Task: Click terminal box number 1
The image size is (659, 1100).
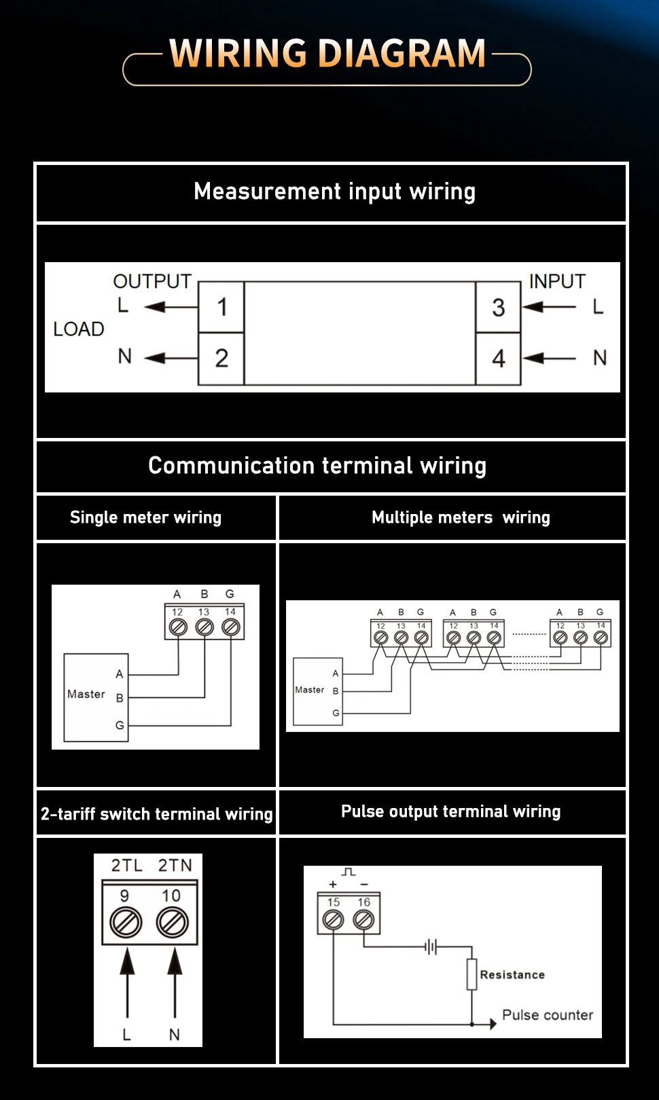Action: pyautogui.click(x=221, y=307)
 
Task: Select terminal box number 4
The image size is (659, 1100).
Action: pyautogui.click(x=498, y=359)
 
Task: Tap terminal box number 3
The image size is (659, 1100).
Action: pyautogui.click(x=498, y=307)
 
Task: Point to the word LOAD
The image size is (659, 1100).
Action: pyautogui.click(x=79, y=329)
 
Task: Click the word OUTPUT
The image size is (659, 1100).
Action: pyautogui.click(x=152, y=281)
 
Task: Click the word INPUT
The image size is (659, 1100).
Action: pyautogui.click(x=557, y=281)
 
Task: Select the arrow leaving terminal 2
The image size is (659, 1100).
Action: pyautogui.click(x=171, y=358)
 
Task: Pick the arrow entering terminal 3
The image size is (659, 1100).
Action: pyautogui.click(x=549, y=307)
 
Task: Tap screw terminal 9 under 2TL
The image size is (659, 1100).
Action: pyautogui.click(x=126, y=922)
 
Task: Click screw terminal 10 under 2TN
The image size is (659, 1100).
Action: pyautogui.click(x=172, y=922)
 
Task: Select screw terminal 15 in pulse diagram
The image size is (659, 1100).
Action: pyautogui.click(x=333, y=919)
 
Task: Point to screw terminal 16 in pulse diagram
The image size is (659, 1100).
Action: pyautogui.click(x=363, y=919)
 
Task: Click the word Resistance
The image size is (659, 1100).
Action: pyautogui.click(x=512, y=975)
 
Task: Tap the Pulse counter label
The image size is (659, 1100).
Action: pyautogui.click(x=548, y=1015)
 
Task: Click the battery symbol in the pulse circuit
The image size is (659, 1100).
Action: pyautogui.click(x=431, y=947)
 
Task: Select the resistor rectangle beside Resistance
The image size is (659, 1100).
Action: pyautogui.click(x=471, y=974)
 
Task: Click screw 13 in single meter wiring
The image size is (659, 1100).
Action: pyautogui.click(x=204, y=627)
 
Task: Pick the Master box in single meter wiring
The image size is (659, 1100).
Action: pyautogui.click(x=96, y=697)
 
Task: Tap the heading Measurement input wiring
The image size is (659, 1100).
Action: pyautogui.click(x=335, y=191)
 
